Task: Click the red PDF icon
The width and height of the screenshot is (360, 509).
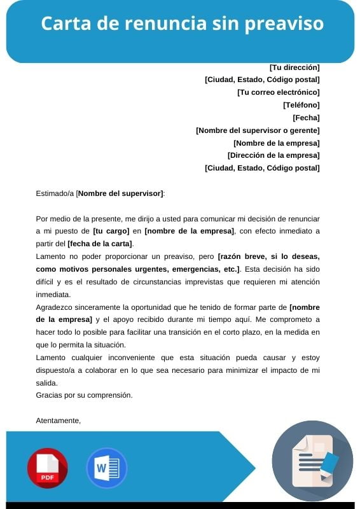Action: [x=47, y=468]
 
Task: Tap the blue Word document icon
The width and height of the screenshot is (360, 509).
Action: [x=106, y=468]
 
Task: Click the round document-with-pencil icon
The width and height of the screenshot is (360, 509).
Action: [x=312, y=461]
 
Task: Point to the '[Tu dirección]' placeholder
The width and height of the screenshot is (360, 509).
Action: [x=294, y=67]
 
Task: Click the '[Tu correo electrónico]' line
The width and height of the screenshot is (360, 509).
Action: [x=279, y=92]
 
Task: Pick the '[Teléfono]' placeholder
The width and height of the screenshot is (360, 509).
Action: [x=301, y=105]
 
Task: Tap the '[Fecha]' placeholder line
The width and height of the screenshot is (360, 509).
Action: [x=306, y=118]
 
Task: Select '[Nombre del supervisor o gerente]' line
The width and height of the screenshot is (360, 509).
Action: [x=258, y=130]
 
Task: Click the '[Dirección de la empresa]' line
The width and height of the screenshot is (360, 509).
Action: [x=273, y=155]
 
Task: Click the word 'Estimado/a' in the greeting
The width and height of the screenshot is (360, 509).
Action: [x=55, y=193]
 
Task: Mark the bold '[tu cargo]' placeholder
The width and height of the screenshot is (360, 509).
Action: [x=111, y=231]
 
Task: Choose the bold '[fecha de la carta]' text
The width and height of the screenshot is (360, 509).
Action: [x=100, y=244]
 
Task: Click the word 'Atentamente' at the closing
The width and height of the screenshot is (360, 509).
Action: [x=58, y=421]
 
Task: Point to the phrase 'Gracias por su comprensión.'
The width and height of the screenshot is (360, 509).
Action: [x=84, y=395]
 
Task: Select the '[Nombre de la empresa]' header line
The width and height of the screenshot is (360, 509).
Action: [x=277, y=143]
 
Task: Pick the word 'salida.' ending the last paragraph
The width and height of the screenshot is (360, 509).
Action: [x=46, y=383]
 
